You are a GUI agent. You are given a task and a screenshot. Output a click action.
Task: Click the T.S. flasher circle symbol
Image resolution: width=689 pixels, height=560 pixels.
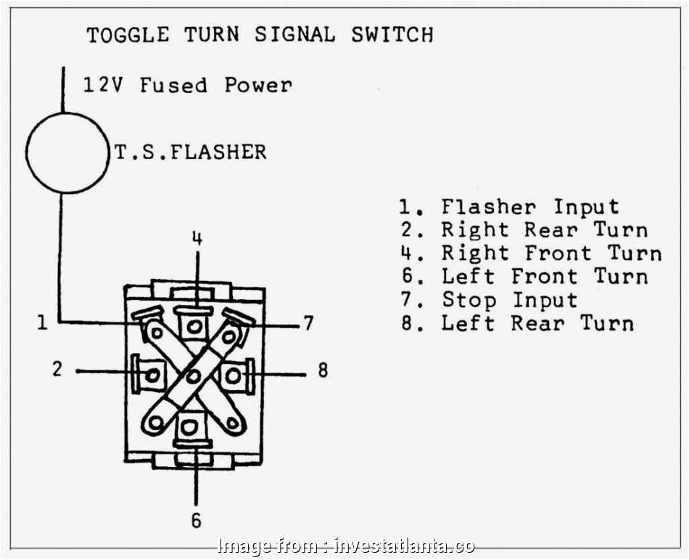67,153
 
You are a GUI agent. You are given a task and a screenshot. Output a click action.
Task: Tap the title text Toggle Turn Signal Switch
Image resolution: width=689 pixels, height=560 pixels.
260,34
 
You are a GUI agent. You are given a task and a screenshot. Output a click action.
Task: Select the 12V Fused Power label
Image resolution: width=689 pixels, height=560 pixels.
187,85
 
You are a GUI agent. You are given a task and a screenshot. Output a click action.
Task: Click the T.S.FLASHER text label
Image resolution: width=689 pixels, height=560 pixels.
191,152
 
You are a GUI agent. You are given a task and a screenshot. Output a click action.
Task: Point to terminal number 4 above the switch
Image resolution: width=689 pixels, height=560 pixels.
197,238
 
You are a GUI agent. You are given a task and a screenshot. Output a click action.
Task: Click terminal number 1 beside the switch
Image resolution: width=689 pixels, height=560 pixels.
43,321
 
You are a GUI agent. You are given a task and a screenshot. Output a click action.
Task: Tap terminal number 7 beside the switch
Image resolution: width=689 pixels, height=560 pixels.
308,322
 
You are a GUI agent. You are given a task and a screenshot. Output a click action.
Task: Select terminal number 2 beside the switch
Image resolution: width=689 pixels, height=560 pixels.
58,370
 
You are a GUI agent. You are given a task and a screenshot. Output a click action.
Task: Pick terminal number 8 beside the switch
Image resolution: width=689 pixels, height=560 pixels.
323,370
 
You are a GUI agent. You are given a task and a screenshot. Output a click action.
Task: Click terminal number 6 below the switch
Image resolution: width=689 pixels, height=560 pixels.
196,520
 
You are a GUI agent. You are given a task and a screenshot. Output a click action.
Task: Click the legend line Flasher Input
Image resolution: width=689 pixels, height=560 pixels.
509,207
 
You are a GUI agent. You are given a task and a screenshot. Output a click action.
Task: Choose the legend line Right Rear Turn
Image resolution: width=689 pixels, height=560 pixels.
523,230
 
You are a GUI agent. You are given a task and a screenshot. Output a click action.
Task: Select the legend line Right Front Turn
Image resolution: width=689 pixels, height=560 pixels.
530,253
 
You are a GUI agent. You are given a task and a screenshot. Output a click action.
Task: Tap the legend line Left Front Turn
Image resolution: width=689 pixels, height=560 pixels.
523,277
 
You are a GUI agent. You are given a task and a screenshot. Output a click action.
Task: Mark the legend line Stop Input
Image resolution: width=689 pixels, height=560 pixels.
489,300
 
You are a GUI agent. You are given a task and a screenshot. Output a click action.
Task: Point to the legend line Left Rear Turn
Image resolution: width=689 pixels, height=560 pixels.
516,323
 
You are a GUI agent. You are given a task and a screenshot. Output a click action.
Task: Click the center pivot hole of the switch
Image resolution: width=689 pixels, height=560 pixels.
193,376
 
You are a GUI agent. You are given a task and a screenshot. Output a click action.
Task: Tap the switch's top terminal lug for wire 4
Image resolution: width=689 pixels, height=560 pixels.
194,326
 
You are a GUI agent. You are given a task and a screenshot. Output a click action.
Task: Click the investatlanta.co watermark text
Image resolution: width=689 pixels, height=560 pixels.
347,545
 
